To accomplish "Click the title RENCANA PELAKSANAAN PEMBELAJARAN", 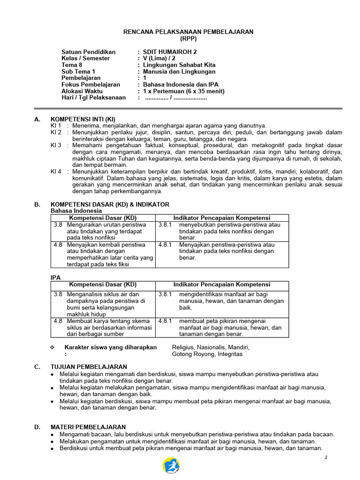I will tap(187, 32).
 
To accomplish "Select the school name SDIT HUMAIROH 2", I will tap(166, 52).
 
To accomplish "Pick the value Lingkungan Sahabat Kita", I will tap(179, 65).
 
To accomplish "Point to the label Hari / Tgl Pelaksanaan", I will tap(94, 97).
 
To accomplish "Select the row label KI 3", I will tap(56, 145).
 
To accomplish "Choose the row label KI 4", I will tap(56, 172).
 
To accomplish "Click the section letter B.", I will tap(37, 204).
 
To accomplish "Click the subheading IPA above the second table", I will tap(55, 277).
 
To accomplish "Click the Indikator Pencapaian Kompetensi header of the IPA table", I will tap(222, 285).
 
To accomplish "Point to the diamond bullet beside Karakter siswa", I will tap(53, 347).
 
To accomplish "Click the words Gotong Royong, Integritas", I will tap(207, 354).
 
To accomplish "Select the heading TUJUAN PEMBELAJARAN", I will tap(89, 367).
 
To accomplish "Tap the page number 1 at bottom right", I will tap(326, 457).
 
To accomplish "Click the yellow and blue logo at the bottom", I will tap(171, 466).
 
